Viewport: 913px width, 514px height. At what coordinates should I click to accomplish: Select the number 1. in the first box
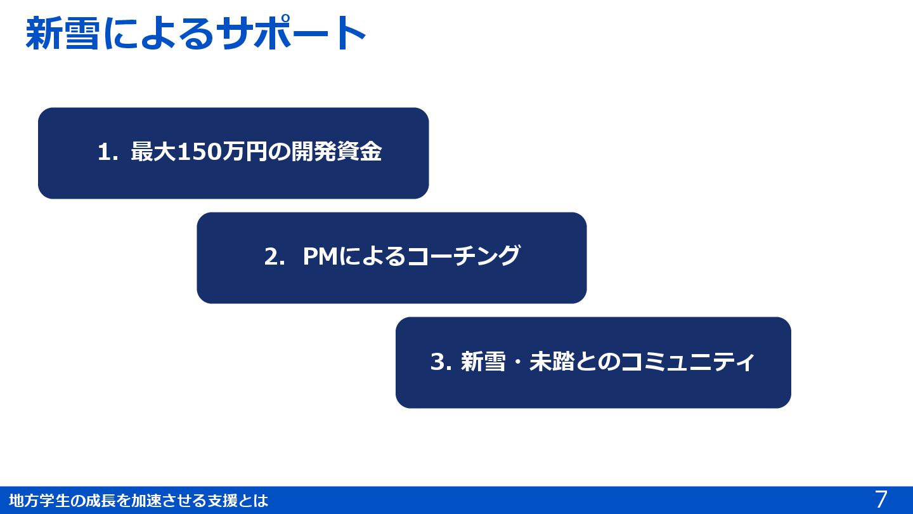pyautogui.click(x=107, y=152)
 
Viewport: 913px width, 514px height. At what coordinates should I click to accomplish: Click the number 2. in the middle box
pyautogui.click(x=275, y=257)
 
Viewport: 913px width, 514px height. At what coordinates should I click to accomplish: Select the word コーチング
pyautogui.click(x=463, y=257)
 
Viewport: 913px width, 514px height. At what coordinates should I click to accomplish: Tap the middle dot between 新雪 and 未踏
pyautogui.click(x=517, y=362)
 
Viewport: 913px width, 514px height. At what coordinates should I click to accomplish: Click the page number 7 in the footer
pyautogui.click(x=881, y=499)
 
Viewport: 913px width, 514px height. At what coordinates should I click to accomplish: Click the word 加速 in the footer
pyautogui.click(x=146, y=501)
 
